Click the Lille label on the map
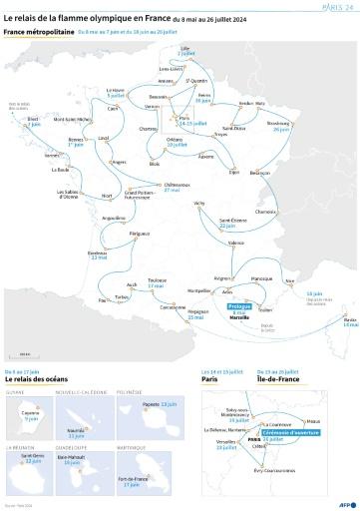[x=184, y=48]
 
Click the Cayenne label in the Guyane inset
[x=31, y=414]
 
